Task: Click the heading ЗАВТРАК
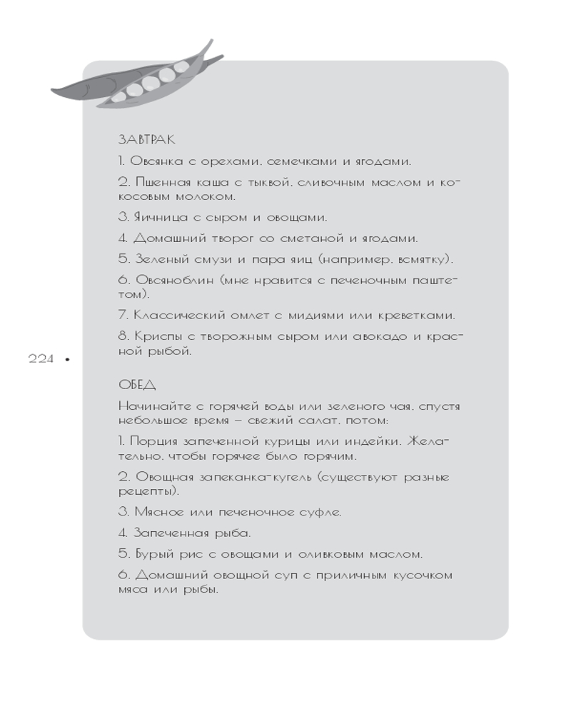[146, 140]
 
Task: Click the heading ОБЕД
[137, 385]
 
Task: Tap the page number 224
[41, 359]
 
